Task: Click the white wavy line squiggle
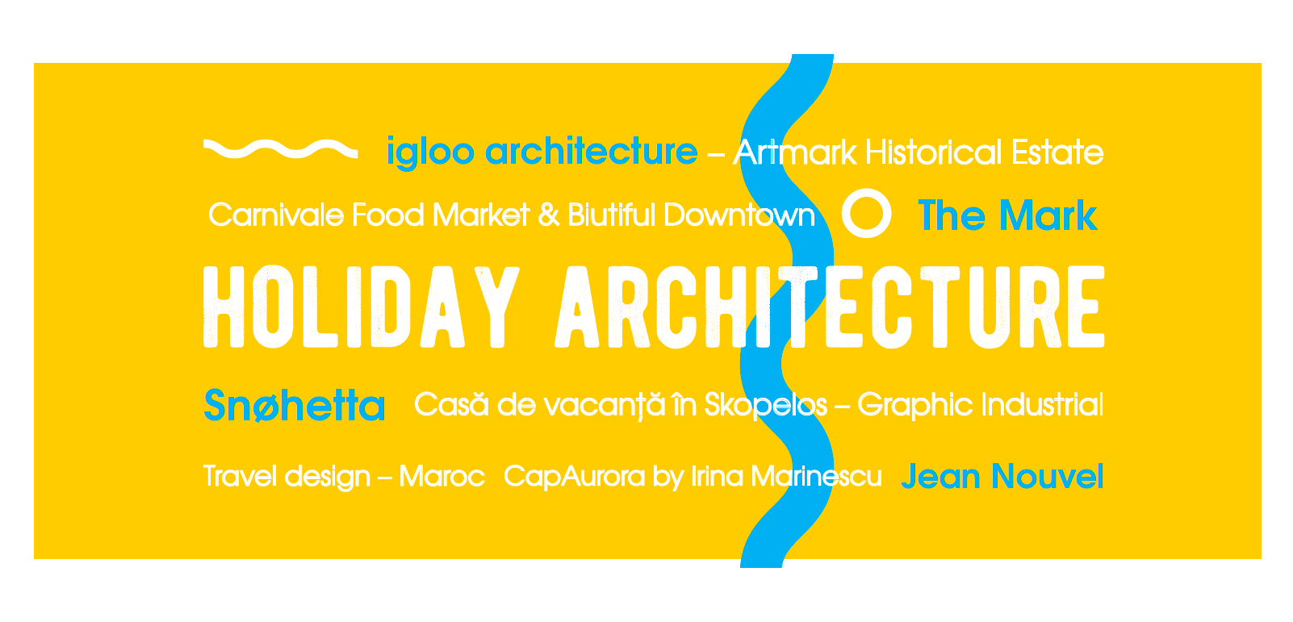[x=280, y=149]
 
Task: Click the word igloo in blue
[x=430, y=153]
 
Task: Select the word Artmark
[x=796, y=153]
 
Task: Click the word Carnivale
[x=276, y=215]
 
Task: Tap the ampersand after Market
[x=548, y=215]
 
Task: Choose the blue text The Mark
[x=1008, y=215]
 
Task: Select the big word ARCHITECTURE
[x=830, y=307]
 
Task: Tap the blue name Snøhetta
[x=295, y=405]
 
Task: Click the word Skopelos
[x=766, y=405]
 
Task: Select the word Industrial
[x=1043, y=404]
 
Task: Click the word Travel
[x=241, y=477]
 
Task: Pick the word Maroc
[x=441, y=477]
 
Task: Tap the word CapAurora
[x=575, y=477]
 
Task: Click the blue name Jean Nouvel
[x=1002, y=477]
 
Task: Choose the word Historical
[x=933, y=153]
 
